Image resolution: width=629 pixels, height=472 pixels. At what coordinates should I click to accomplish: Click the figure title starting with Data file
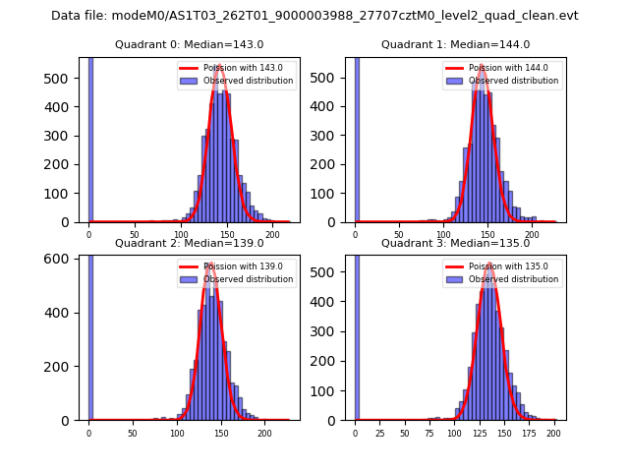(x=314, y=16)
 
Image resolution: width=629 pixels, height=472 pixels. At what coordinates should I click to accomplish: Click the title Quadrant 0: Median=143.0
(x=189, y=44)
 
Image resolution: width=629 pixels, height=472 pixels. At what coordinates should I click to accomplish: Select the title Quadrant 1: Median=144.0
(x=455, y=44)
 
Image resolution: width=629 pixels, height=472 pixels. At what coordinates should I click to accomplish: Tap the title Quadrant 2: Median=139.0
(x=189, y=243)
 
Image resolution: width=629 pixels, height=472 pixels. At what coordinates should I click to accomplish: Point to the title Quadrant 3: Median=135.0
(x=455, y=243)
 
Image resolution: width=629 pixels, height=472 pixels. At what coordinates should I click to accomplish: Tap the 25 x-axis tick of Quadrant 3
(x=380, y=432)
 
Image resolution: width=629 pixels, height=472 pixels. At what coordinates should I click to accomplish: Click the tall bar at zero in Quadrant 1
(x=356, y=138)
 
